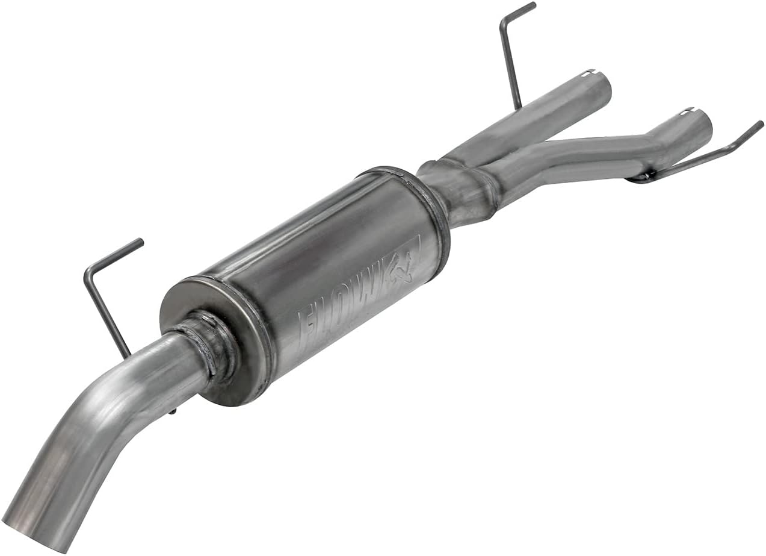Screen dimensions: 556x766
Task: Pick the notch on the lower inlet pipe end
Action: pos(688,111)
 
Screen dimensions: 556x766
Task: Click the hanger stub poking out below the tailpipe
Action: pos(173,412)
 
